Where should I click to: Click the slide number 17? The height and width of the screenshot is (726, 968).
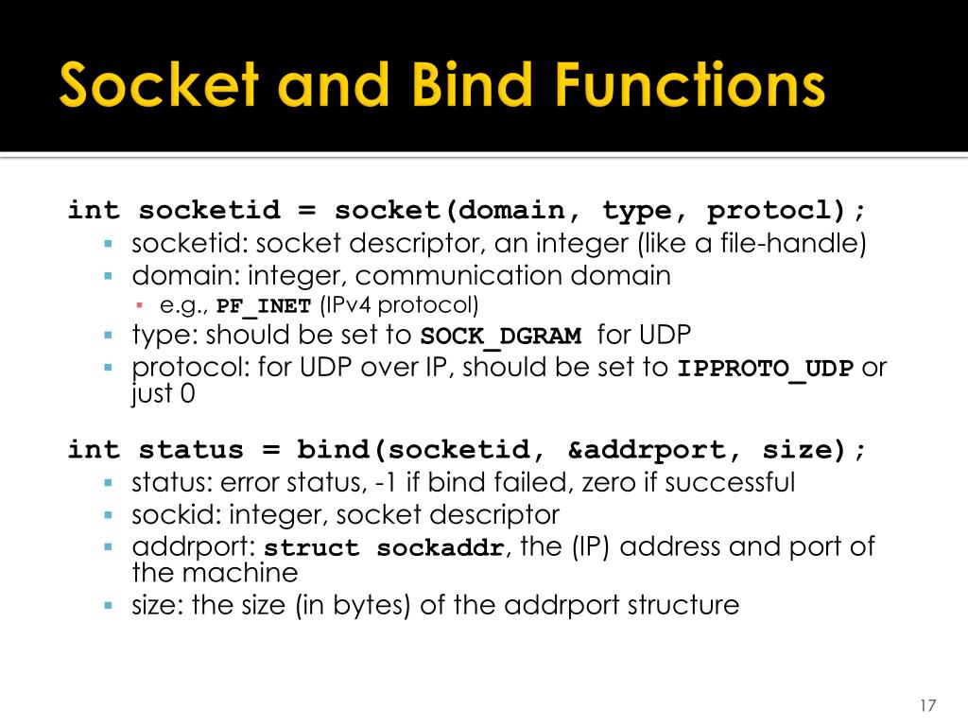point(926,706)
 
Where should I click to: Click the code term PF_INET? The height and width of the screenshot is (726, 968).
point(264,306)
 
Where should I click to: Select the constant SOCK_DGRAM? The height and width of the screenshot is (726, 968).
point(500,337)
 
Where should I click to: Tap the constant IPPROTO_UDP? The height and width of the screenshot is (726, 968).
point(765,369)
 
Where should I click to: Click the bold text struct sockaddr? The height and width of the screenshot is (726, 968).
point(383,548)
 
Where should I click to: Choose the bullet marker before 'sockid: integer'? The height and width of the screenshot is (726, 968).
point(109,515)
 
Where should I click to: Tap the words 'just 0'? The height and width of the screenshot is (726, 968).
point(164,393)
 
